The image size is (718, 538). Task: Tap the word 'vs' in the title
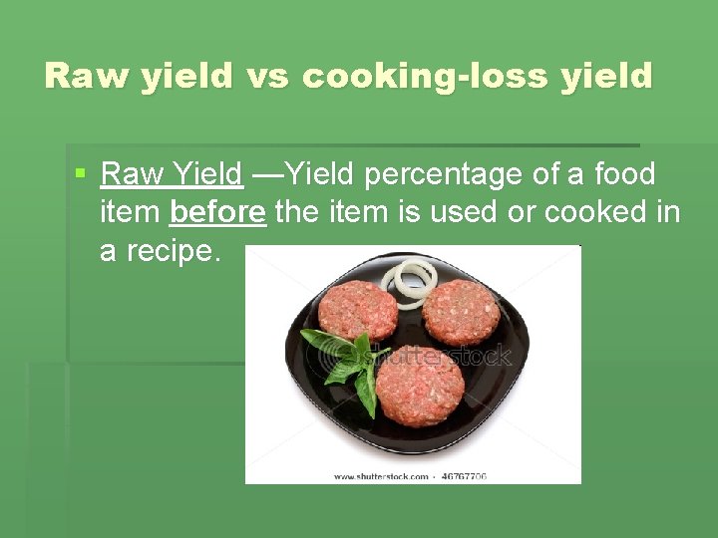coord(265,77)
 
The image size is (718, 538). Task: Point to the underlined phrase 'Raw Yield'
coord(172,174)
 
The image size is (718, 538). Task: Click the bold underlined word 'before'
coord(217,212)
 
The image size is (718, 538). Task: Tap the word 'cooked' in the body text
coord(585,212)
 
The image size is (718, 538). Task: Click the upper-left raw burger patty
coord(357,310)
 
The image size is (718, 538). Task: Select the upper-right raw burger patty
coord(461,312)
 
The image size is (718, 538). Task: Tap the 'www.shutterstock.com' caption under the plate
coord(380,476)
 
